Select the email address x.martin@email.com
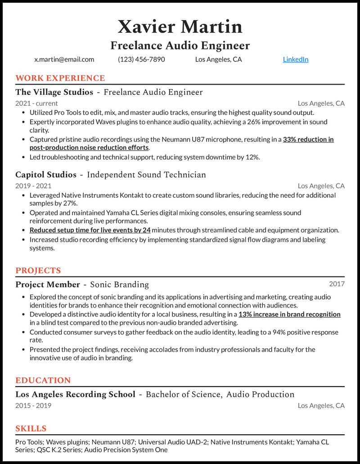click(64, 59)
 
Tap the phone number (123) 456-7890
click(141, 59)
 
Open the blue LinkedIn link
click(295, 59)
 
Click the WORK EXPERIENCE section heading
click(60, 78)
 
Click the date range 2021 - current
click(36, 103)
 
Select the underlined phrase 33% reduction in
click(308, 139)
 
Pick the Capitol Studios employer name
click(46, 174)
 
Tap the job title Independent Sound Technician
click(146, 174)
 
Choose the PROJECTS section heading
click(38, 271)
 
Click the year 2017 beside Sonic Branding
click(337, 284)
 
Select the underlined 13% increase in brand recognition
click(289, 314)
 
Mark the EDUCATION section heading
click(43, 380)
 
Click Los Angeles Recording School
click(75, 394)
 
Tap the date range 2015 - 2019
click(33, 406)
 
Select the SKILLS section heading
click(31, 428)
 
